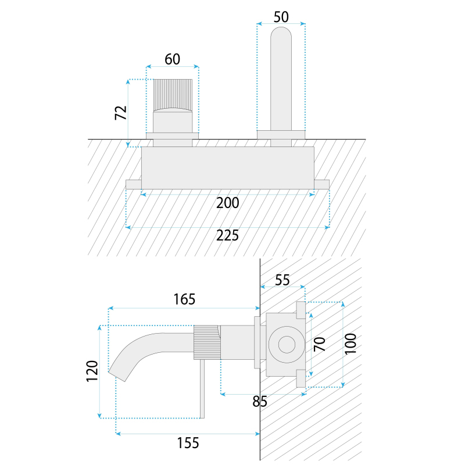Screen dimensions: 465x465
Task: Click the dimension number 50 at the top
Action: click(x=281, y=17)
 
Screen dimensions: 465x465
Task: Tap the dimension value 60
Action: click(x=172, y=59)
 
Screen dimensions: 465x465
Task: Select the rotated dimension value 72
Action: click(x=121, y=113)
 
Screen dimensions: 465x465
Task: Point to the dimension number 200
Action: click(x=227, y=203)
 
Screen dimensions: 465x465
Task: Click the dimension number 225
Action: click(x=227, y=236)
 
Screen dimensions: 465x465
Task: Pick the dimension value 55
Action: click(x=282, y=280)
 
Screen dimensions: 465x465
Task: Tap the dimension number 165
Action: click(x=184, y=299)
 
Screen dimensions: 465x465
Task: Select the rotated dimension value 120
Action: click(x=92, y=371)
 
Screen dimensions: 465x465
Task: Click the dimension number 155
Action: click(x=188, y=443)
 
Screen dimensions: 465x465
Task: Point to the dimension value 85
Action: click(x=260, y=402)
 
